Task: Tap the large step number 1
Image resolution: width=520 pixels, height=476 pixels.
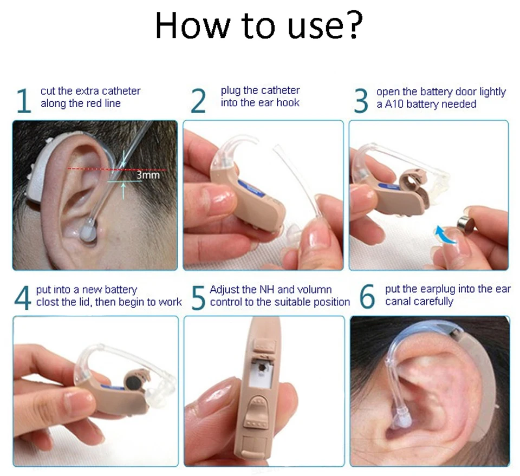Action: click(x=23, y=100)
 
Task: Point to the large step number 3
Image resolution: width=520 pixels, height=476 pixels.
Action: click(x=361, y=100)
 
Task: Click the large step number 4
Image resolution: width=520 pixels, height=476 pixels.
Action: click(x=23, y=298)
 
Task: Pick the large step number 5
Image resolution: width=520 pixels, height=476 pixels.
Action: click(x=198, y=298)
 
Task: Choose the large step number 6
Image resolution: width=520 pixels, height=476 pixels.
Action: click(x=367, y=296)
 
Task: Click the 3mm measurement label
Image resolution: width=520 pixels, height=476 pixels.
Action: click(x=148, y=175)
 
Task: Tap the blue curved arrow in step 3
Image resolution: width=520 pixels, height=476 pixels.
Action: click(x=446, y=234)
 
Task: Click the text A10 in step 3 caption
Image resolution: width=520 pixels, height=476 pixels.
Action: click(x=394, y=104)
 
